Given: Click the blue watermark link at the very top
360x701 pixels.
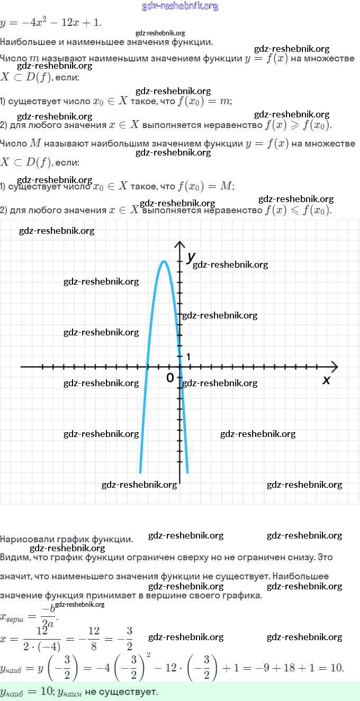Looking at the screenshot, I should (180, 6).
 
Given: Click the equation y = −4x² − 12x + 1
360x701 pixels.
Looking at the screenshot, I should (51, 23).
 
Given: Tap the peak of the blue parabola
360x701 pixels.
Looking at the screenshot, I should (164, 261).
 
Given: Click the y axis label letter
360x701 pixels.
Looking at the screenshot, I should (191, 257).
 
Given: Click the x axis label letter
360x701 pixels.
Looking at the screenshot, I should (326, 379).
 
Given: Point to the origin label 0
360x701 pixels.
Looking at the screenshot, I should (170, 377).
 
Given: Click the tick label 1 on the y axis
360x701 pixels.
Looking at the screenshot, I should (187, 357).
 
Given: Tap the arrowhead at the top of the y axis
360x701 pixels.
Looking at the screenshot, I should (180, 244).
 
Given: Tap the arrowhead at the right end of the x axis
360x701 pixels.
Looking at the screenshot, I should (334, 366).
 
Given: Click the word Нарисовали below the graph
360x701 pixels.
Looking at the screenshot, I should (26, 539).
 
